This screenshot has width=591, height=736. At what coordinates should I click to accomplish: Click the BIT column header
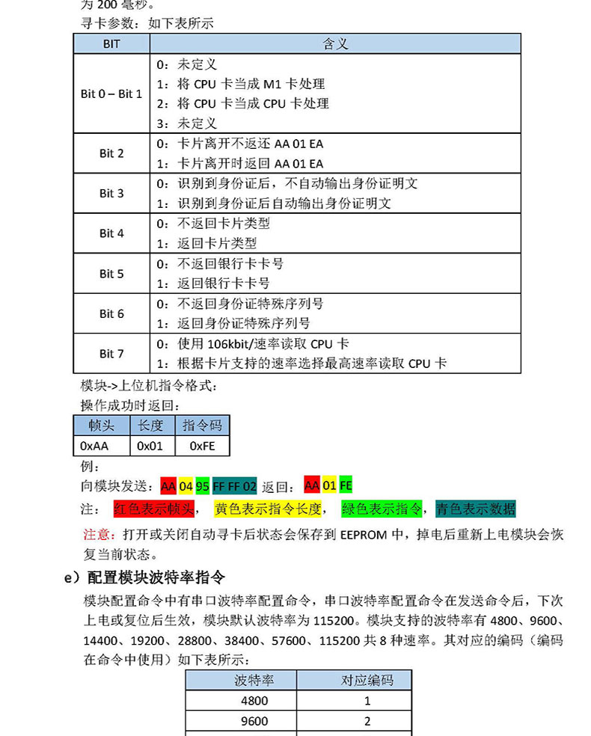[x=111, y=44]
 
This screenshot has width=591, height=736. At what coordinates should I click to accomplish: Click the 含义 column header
[x=335, y=44]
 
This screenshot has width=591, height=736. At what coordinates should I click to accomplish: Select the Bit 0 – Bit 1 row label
[x=111, y=94]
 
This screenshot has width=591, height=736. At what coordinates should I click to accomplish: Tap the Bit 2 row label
[x=111, y=153]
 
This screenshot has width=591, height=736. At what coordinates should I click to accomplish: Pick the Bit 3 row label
[x=111, y=193]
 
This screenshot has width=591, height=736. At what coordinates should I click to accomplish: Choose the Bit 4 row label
[x=111, y=233]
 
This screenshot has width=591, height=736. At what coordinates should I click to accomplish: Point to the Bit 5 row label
[x=111, y=274]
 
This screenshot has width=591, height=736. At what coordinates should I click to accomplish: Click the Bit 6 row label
[x=111, y=314]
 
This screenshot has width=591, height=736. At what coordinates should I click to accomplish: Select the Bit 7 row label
[x=111, y=354]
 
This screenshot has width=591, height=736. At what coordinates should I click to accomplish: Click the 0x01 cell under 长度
[x=152, y=446]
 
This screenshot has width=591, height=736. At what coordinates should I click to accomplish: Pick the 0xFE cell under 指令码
[x=202, y=446]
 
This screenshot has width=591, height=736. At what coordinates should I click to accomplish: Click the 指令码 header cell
[x=202, y=426]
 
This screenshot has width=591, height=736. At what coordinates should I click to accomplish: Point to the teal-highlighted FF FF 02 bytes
[x=235, y=486]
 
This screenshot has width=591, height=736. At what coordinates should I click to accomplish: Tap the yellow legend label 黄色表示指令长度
[x=268, y=509]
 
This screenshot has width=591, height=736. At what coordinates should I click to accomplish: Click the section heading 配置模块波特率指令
[x=156, y=577]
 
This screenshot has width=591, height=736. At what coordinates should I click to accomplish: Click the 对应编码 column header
[x=367, y=680]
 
